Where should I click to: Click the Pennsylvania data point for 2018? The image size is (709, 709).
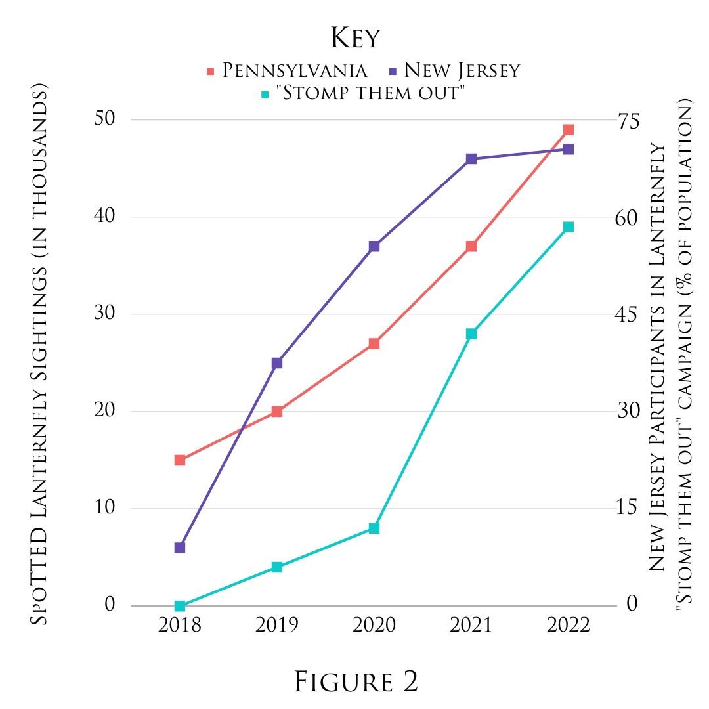tap(180, 460)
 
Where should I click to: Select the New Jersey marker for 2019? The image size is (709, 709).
tap(277, 363)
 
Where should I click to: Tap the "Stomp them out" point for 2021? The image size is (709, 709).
tap(471, 334)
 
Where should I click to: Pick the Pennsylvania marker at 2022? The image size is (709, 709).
tap(569, 130)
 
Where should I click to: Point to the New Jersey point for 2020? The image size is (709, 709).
tap(374, 246)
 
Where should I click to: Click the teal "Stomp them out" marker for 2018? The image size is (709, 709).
tap(180, 606)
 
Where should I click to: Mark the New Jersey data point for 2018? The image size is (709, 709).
tap(180, 548)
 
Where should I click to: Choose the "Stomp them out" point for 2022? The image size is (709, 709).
tap(569, 227)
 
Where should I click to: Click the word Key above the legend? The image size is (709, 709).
tap(355, 38)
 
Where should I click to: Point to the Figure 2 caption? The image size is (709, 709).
tap(355, 682)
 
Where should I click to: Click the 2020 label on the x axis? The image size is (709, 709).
tap(374, 625)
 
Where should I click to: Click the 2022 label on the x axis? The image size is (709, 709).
tap(569, 625)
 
